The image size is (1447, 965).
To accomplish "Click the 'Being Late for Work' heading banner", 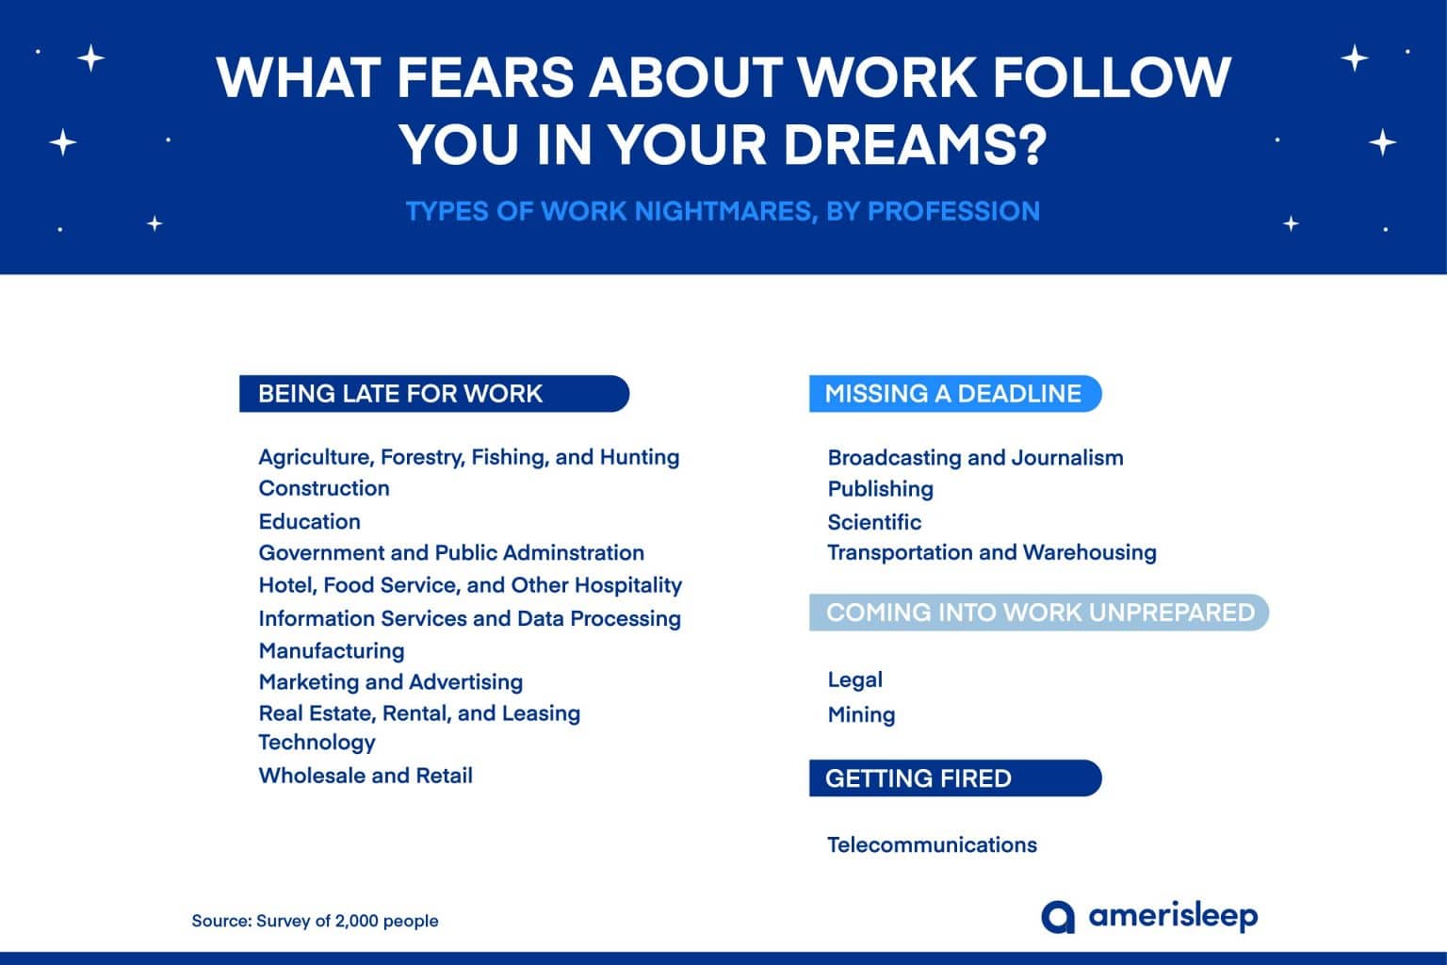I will pyautogui.click(x=433, y=394).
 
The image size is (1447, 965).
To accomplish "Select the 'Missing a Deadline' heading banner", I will pyautogui.click(x=953, y=394).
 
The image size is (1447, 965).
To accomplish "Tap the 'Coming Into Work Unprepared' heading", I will pyautogui.click(x=1039, y=613).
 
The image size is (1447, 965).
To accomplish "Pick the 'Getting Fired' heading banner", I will pyautogui.click(x=953, y=778).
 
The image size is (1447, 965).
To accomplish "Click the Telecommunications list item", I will pyautogui.click(x=932, y=844).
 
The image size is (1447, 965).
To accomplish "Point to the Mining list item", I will pyautogui.click(x=861, y=714).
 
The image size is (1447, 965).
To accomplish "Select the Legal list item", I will pyautogui.click(x=854, y=679).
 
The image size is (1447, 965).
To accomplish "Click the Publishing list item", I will pyautogui.click(x=880, y=488).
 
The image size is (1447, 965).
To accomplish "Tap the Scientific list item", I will pyautogui.click(x=874, y=522).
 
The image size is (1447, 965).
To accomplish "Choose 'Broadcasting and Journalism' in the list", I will pyautogui.click(x=975, y=458).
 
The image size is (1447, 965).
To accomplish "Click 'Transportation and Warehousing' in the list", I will pyautogui.click(x=991, y=552).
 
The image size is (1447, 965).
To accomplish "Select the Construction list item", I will pyautogui.click(x=324, y=488).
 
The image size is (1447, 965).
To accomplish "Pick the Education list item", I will pyautogui.click(x=309, y=521).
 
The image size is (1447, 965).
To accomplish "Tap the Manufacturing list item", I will pyautogui.click(x=332, y=650).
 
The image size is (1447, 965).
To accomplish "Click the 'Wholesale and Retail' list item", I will pyautogui.click(x=366, y=776).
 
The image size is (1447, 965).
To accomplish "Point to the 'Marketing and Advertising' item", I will pyautogui.click(x=390, y=681).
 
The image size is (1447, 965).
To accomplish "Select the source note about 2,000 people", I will pyautogui.click(x=315, y=921).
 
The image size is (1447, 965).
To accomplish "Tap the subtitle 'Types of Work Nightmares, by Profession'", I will pyautogui.click(x=723, y=211).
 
